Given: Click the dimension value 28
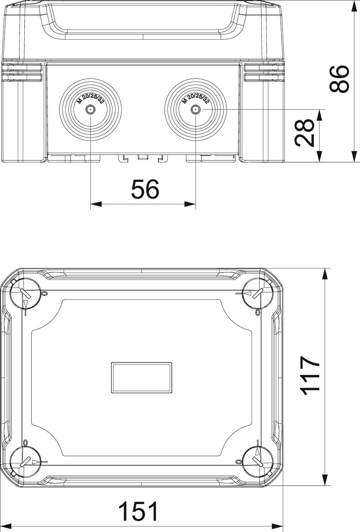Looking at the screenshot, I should coord(304,133).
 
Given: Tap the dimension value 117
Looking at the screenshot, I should coord(310,376).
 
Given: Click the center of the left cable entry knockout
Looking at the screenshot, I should coord(90,110).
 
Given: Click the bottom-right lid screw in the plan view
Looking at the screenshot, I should coord(257,461).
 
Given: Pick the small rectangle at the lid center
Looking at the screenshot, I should coord(142,377).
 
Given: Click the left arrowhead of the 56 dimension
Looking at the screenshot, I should coord(96,204).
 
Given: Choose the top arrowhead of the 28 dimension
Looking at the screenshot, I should coord(320,115).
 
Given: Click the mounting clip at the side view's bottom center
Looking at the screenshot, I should coord(142,157).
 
